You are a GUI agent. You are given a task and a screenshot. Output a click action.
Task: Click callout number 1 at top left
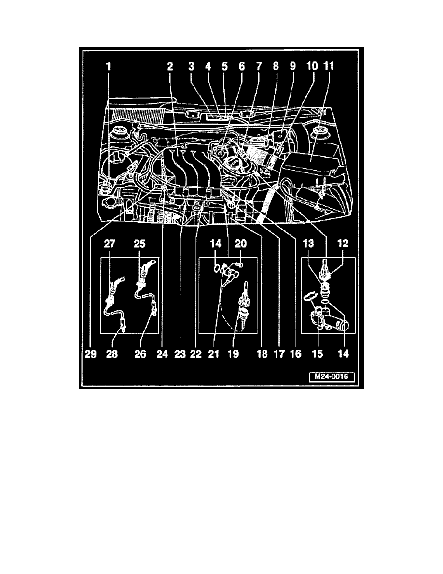click(108, 66)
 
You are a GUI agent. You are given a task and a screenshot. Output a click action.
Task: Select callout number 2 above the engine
click(170, 66)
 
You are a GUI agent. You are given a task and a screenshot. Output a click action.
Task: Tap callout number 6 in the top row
click(242, 66)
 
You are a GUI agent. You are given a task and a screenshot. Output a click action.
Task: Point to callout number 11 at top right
click(329, 66)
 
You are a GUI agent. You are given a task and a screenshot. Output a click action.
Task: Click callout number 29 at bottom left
click(91, 354)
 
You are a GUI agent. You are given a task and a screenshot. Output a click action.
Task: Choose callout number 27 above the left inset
click(110, 244)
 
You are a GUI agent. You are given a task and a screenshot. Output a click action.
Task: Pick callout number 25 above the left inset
click(139, 244)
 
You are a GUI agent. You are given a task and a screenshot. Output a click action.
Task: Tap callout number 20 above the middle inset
click(240, 244)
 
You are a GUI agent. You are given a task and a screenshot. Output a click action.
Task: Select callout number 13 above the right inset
click(308, 244)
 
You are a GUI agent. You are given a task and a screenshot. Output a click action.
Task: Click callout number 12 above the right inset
click(343, 244)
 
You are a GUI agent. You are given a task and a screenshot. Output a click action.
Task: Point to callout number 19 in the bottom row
click(233, 354)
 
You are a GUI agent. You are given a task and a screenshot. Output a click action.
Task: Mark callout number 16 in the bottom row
click(295, 354)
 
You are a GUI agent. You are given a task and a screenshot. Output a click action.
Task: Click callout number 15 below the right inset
click(317, 354)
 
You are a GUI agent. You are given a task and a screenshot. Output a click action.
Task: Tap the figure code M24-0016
click(332, 377)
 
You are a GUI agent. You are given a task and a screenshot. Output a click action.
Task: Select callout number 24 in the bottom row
click(162, 354)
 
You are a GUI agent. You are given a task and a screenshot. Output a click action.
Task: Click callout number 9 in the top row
click(292, 66)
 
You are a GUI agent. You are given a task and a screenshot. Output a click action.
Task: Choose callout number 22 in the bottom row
click(196, 354)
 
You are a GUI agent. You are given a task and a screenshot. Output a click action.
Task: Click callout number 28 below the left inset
click(112, 354)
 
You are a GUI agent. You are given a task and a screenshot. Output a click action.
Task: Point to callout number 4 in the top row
click(208, 66)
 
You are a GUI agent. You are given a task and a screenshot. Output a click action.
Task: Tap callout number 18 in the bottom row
click(262, 354)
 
